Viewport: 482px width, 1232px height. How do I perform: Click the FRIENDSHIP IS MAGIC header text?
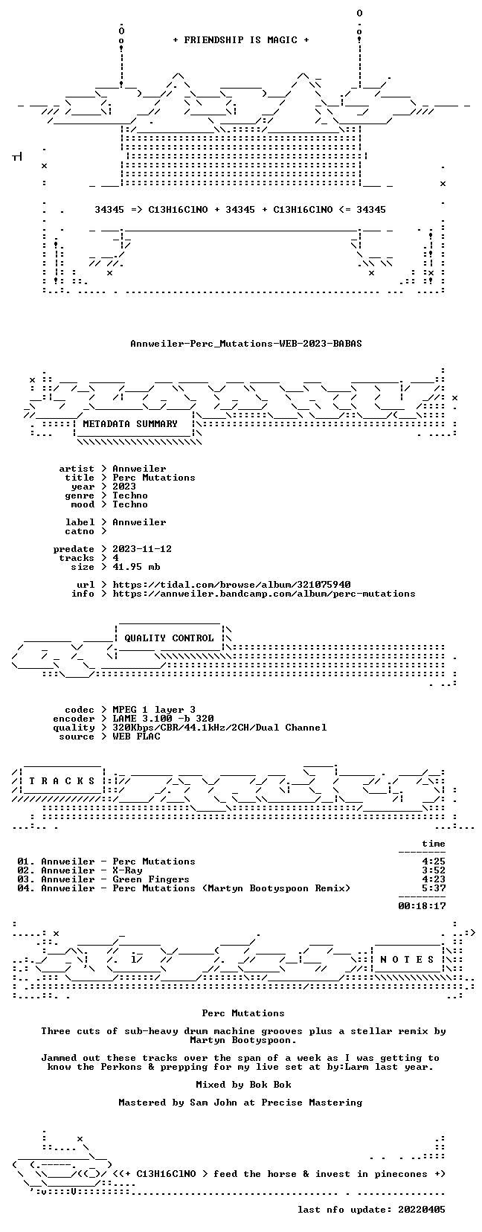[x=241, y=40]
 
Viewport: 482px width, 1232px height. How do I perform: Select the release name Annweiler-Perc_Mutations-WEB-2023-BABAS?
[x=246, y=344]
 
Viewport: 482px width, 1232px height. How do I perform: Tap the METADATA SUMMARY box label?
[x=130, y=424]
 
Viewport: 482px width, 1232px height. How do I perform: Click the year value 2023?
[x=124, y=487]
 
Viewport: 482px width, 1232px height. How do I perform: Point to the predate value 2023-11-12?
[x=142, y=549]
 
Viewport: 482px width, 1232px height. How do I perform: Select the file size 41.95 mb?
[x=136, y=567]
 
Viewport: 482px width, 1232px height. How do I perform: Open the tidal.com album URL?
[x=231, y=585]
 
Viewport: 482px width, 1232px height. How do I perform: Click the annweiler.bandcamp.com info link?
[x=264, y=594]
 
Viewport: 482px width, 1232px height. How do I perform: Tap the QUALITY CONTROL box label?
[x=169, y=638]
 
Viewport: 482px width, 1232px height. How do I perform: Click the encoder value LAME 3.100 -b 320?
[x=163, y=719]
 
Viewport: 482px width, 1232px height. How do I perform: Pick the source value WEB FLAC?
[x=136, y=737]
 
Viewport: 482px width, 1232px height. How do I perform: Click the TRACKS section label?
[x=62, y=781]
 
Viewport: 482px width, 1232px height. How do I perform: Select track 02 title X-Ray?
[x=127, y=870]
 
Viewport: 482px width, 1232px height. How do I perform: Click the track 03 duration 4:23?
[x=434, y=879]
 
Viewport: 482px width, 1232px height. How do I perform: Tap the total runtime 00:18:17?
[x=422, y=906]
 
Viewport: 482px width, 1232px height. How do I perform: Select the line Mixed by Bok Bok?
[x=243, y=1085]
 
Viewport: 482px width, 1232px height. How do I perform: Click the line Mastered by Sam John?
[x=240, y=1103]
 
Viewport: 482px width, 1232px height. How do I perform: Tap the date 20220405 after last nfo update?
[x=422, y=1210]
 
